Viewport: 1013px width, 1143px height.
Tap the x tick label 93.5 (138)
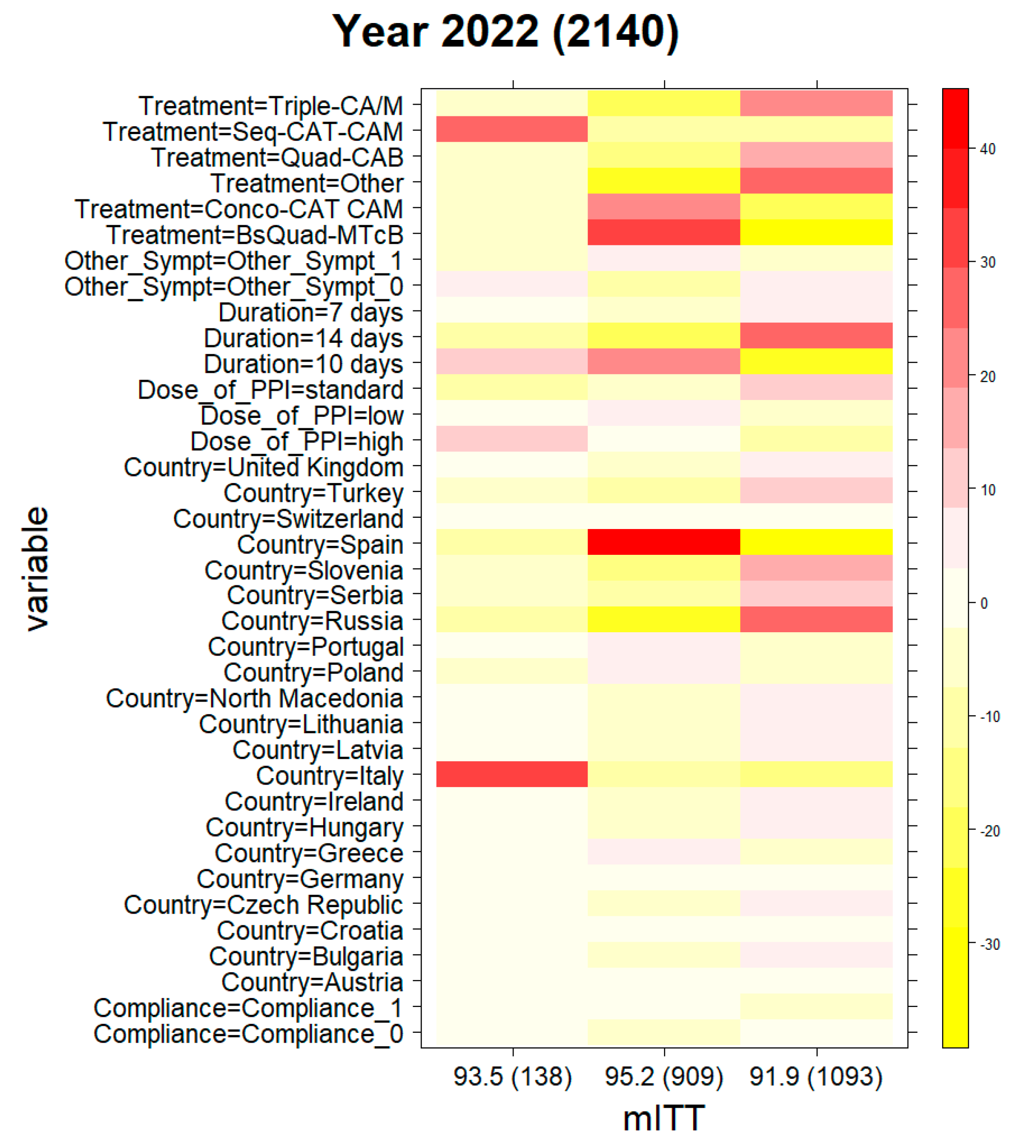(513, 1076)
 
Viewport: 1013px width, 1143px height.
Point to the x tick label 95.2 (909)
(664, 1076)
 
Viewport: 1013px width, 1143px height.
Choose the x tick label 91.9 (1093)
(816, 1076)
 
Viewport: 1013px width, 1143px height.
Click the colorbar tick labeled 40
(987, 149)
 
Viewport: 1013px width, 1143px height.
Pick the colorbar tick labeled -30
(989, 945)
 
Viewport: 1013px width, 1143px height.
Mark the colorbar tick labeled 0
(984, 603)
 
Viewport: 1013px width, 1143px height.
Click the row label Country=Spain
(320, 544)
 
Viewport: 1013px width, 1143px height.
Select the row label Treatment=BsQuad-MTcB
(255, 235)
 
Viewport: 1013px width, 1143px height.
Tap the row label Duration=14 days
(303, 338)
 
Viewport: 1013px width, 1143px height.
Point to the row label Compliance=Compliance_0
(248, 1033)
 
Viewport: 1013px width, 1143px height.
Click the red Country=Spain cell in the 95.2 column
(664, 541)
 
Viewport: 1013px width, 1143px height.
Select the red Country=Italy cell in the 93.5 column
(512, 774)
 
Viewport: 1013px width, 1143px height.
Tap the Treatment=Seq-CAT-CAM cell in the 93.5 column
(512, 129)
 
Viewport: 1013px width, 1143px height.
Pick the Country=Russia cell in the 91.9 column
(816, 619)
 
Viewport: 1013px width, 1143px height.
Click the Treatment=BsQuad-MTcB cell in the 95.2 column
(664, 232)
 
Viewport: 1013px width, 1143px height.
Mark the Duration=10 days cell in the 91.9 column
(816, 361)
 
